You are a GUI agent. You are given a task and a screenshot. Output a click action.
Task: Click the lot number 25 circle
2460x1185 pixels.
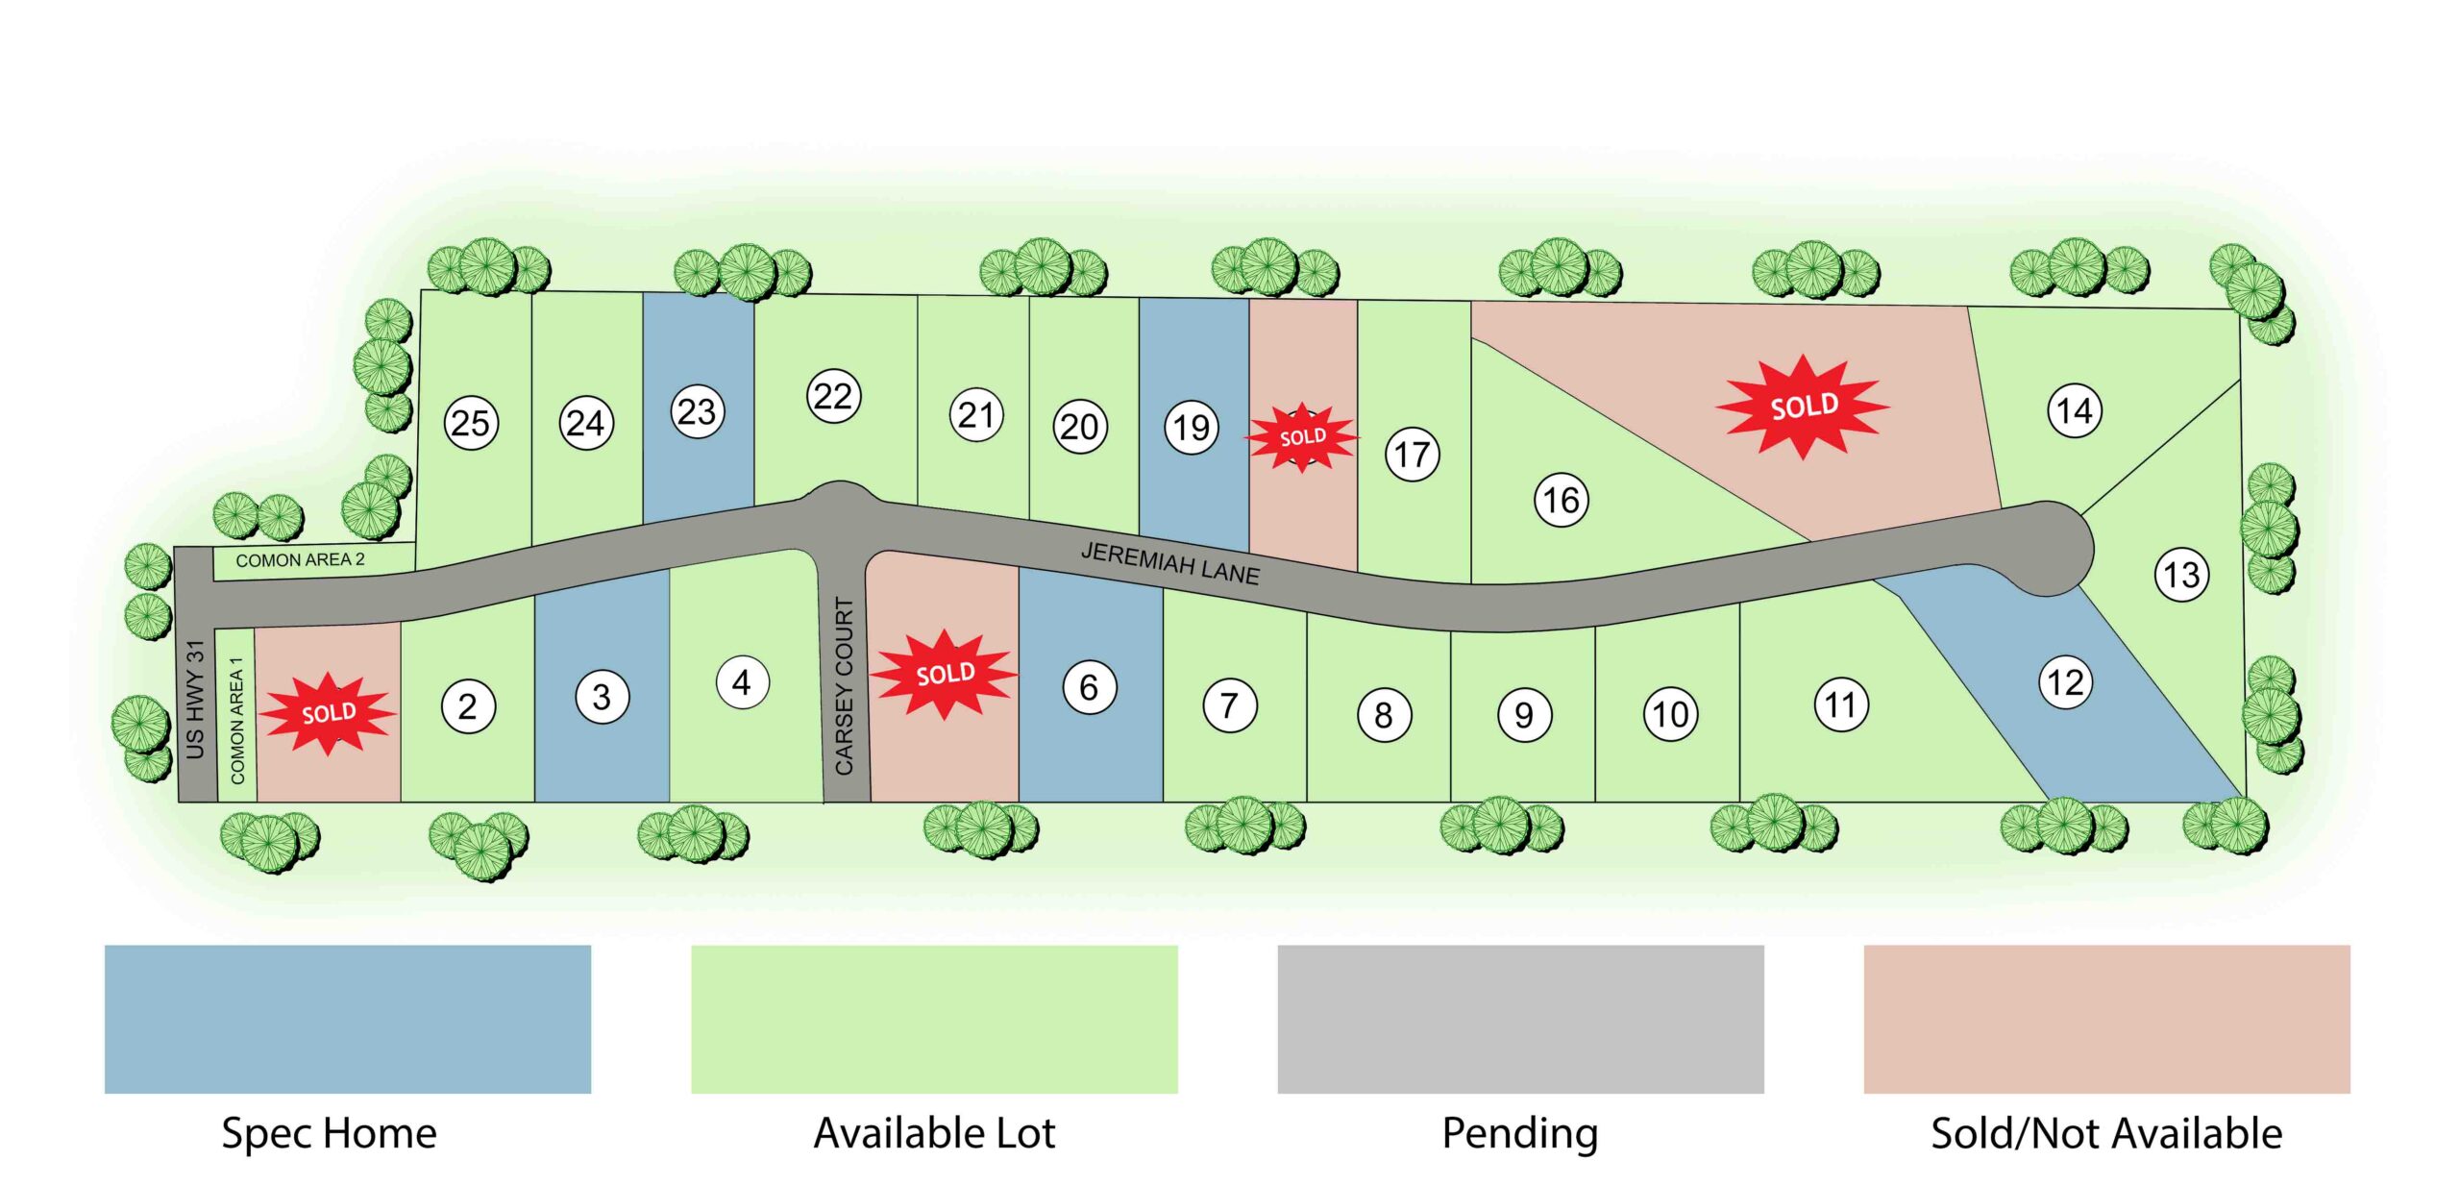click(471, 423)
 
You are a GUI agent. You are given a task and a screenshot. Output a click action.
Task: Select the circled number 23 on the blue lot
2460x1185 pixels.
click(697, 411)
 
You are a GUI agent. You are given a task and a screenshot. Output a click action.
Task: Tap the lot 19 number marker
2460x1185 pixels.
click(1192, 427)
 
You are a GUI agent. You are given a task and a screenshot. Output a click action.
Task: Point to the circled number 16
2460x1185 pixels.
click(1561, 500)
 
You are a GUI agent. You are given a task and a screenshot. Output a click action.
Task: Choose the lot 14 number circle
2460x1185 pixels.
click(2075, 410)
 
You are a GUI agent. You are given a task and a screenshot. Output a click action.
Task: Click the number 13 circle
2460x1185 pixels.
click(2181, 575)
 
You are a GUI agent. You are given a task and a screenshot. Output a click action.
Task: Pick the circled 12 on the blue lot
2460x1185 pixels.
click(2065, 682)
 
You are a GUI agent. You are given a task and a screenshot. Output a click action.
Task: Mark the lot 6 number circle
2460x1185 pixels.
click(1089, 687)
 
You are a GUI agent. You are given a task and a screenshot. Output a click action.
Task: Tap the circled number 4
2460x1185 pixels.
click(742, 682)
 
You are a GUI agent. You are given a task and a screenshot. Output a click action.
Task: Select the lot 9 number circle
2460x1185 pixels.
click(1524, 715)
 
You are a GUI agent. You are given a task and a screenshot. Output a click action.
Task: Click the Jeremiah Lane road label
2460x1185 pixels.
click(1169, 563)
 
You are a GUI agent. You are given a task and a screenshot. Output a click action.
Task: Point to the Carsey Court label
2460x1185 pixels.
click(844, 685)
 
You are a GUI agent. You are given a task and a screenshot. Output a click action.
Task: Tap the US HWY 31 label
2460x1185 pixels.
click(195, 699)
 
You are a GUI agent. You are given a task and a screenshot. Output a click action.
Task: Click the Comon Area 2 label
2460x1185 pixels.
click(300, 560)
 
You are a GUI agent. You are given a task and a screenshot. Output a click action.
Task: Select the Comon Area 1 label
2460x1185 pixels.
click(236, 720)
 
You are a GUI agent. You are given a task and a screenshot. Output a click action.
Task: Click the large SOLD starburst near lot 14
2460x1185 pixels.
click(1804, 407)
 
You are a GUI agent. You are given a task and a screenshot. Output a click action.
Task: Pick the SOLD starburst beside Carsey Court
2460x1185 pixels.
click(945, 674)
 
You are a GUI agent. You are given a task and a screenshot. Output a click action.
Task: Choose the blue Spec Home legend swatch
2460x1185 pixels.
click(347, 1019)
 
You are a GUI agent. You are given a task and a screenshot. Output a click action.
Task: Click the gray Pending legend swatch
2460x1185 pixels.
click(1520, 1019)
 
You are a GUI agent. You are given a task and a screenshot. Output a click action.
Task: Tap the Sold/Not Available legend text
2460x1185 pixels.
click(2106, 1133)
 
